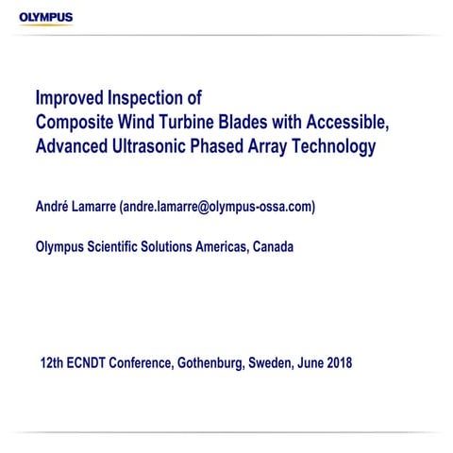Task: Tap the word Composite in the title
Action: (x=76, y=123)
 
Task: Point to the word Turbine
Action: (x=196, y=123)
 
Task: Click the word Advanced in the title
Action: (x=73, y=147)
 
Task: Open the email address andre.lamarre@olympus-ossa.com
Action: (x=223, y=206)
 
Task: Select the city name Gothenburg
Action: (x=209, y=363)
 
